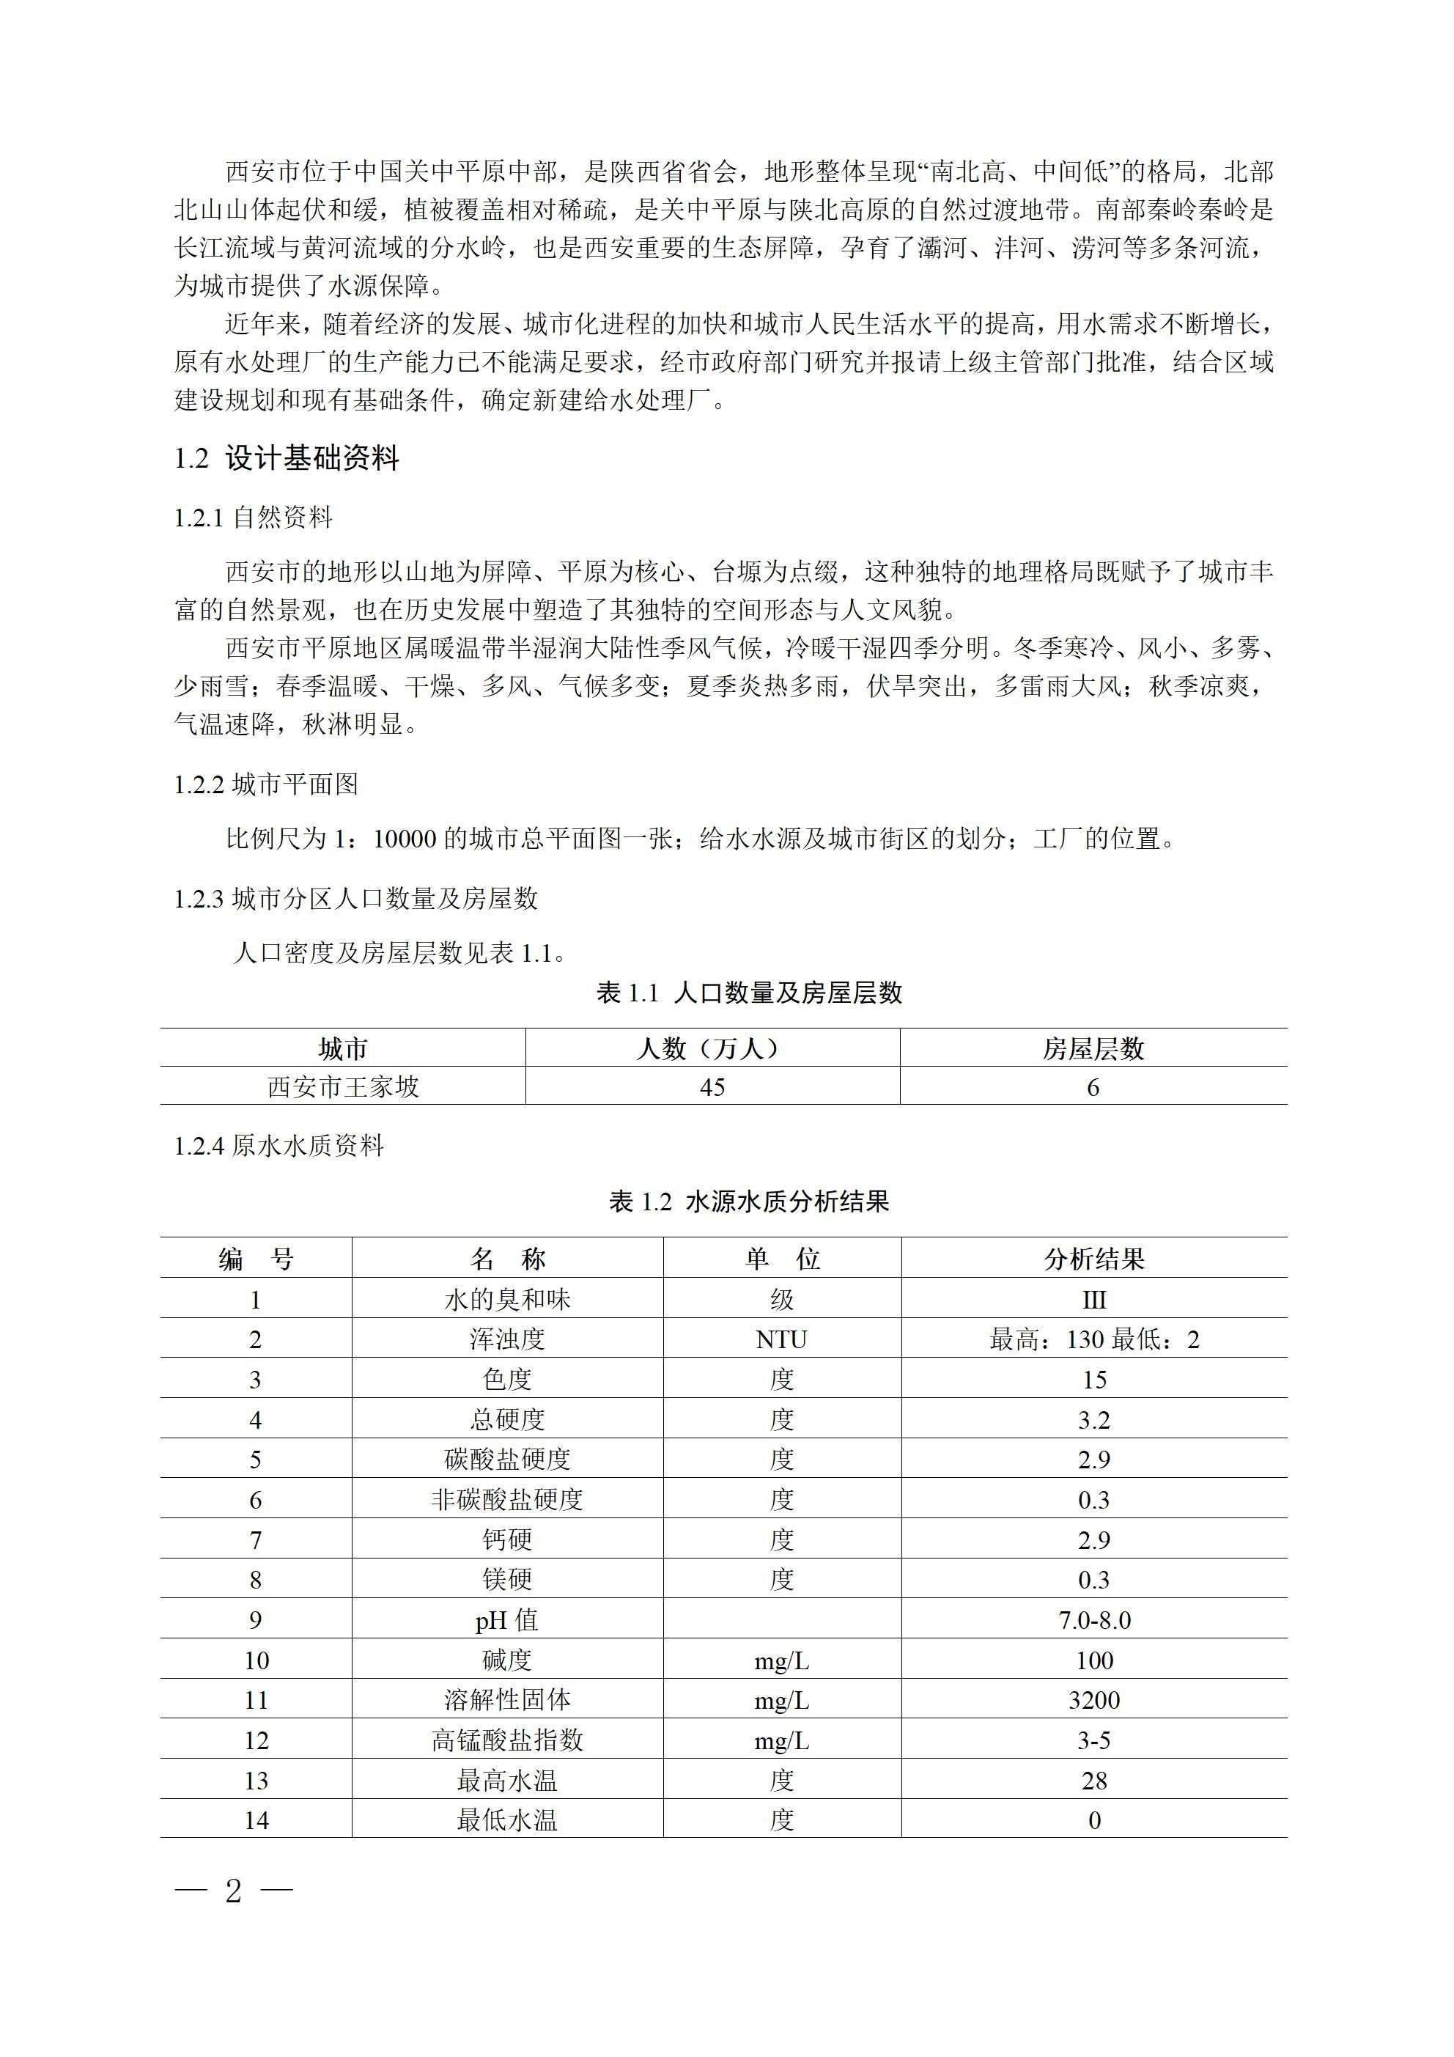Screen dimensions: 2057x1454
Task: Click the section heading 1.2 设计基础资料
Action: pos(287,459)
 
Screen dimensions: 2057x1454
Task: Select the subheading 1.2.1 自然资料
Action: pos(254,517)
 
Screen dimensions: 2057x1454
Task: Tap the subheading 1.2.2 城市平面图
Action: pos(266,785)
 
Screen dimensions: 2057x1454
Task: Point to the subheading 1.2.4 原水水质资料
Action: pos(278,1146)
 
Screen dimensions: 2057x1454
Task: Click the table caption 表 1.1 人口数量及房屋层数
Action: pos(749,993)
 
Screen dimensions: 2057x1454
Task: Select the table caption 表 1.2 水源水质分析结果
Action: pos(749,1202)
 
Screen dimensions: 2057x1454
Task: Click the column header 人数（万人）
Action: pos(712,1048)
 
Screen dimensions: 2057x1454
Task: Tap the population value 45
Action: pos(712,1088)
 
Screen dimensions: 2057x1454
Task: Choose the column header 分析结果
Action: pos(1094,1259)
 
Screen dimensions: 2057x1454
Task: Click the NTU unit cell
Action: pos(781,1340)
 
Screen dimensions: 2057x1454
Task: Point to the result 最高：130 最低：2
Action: pos(1094,1340)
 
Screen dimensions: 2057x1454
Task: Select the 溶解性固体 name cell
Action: pos(507,1701)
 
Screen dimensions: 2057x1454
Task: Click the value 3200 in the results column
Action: pos(1094,1701)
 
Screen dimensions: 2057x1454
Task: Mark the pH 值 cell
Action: pos(507,1621)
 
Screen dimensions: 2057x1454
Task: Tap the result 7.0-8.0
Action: pos(1094,1621)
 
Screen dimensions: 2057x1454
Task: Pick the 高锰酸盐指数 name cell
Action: pos(507,1741)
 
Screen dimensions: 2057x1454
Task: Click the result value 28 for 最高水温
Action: pos(1094,1781)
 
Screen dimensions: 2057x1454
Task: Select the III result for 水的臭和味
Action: pos(1094,1300)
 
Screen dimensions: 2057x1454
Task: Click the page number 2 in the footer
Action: pos(234,1891)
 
